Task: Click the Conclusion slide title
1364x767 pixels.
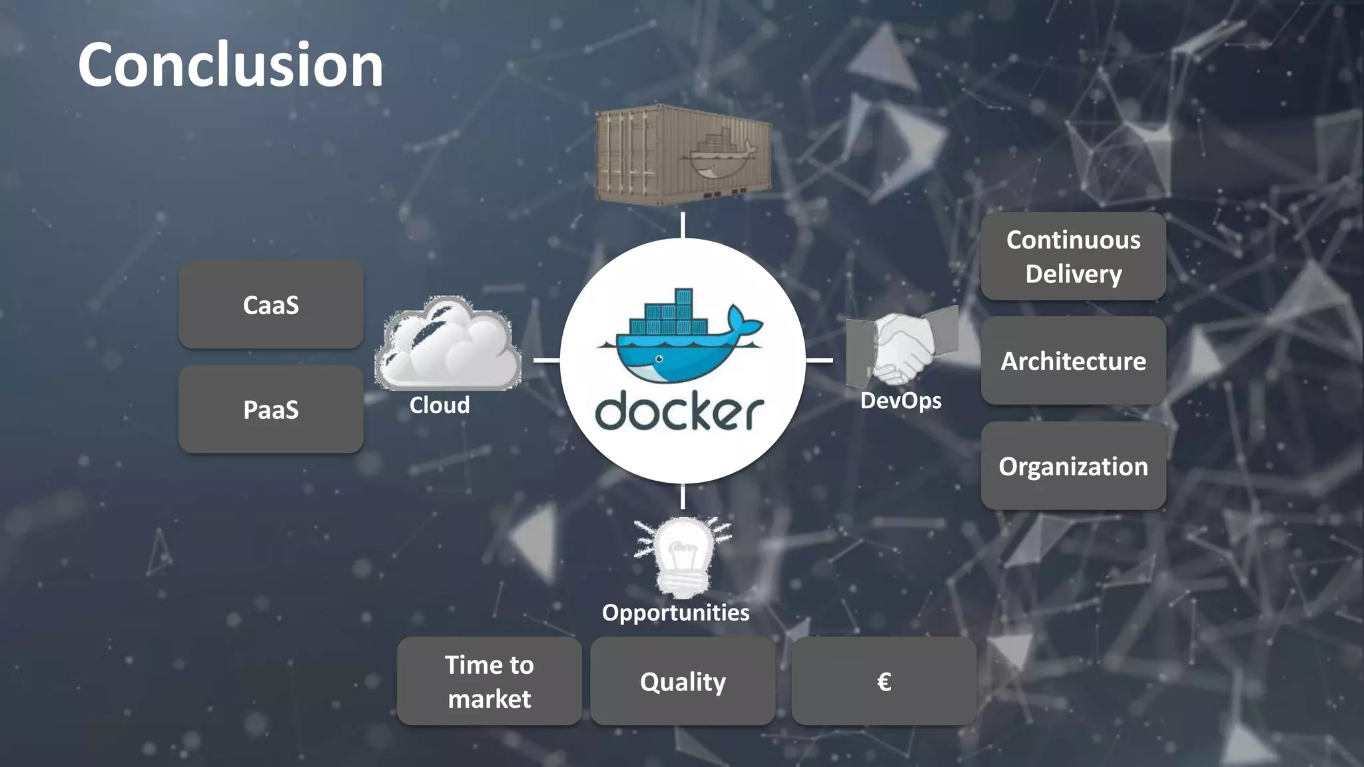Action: pos(230,65)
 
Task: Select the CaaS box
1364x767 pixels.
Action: pos(271,305)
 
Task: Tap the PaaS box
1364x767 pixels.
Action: pos(271,409)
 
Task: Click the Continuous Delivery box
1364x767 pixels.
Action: pos(1073,256)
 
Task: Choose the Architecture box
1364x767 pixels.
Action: pos(1073,361)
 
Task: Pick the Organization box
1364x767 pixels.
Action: pos(1073,466)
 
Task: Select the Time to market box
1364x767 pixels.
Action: pos(490,681)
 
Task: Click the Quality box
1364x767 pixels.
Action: pos(683,681)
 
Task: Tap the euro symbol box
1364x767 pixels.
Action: pos(884,681)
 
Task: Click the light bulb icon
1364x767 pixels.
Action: pos(683,557)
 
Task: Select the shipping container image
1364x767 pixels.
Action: pos(683,154)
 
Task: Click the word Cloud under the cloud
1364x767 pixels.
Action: pos(440,405)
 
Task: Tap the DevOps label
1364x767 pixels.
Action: pos(900,401)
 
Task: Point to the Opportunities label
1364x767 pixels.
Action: pos(675,613)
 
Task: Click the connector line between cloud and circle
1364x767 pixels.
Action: pos(546,360)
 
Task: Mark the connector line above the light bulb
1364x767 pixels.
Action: pos(683,497)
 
